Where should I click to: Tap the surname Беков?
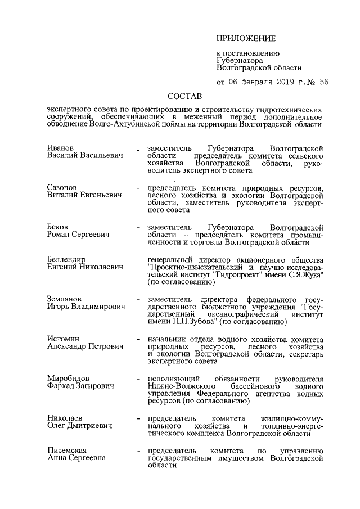click(x=58, y=226)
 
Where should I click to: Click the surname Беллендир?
click(x=66, y=259)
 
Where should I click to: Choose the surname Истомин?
click(x=64, y=339)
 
